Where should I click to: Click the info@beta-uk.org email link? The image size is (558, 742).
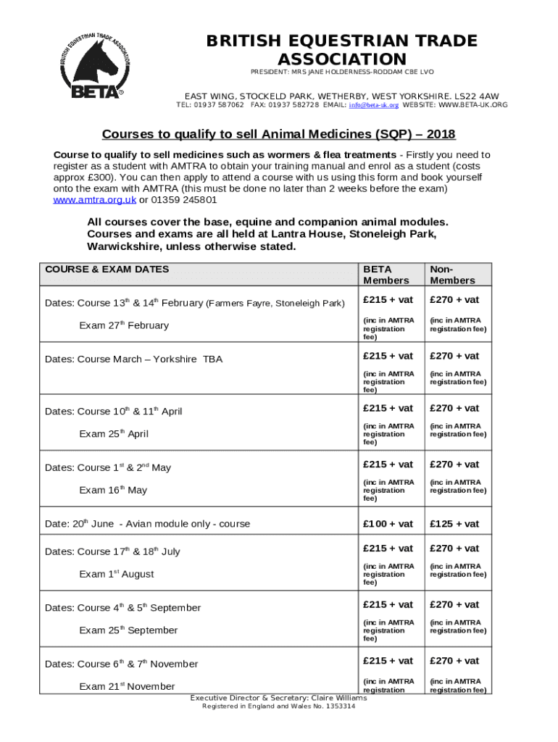(373, 105)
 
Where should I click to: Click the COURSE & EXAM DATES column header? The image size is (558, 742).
(107, 270)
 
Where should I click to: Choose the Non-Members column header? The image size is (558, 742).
(452, 275)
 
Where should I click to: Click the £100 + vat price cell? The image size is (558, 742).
(388, 524)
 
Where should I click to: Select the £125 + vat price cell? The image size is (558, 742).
(454, 524)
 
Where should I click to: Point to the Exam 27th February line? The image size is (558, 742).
(123, 325)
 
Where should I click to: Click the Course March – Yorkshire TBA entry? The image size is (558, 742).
(134, 359)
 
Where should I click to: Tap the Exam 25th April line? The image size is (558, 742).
(113, 434)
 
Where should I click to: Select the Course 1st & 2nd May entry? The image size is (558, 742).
(108, 467)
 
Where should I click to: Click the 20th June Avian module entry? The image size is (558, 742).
(147, 523)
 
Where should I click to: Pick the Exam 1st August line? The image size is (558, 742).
(116, 574)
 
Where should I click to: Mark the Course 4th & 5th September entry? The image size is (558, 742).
(122, 607)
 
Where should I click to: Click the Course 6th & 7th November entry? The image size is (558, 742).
(121, 664)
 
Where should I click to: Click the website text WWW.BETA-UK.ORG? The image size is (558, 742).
(473, 105)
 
